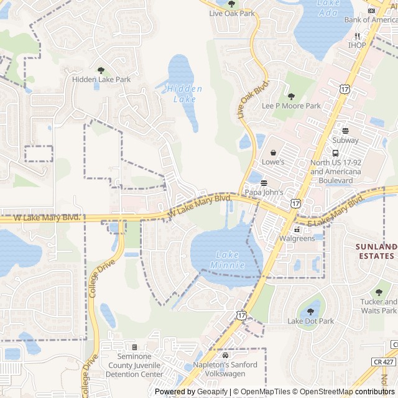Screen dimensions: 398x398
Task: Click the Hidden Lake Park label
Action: click(x=101, y=80)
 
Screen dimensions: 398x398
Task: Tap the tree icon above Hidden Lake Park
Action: click(x=101, y=70)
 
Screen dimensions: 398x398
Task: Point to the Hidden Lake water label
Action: click(x=184, y=94)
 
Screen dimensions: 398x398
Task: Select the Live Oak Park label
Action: click(x=232, y=12)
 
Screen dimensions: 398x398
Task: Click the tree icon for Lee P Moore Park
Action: click(x=291, y=96)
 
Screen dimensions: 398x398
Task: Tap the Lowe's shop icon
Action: click(x=273, y=152)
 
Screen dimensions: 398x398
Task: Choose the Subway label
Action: click(x=346, y=141)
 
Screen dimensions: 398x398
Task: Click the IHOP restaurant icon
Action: click(x=357, y=35)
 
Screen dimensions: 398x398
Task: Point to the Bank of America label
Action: click(x=371, y=20)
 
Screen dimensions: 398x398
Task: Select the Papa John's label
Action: click(x=264, y=192)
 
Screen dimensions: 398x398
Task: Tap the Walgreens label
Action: click(x=297, y=238)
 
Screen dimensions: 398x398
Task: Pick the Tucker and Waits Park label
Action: click(x=379, y=306)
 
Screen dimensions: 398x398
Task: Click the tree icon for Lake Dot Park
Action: click(x=310, y=312)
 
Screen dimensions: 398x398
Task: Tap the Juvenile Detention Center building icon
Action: click(x=134, y=347)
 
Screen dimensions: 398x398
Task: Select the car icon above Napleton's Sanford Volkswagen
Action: click(x=225, y=355)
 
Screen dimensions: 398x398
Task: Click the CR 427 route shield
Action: click(x=385, y=361)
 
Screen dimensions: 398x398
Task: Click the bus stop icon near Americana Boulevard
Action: click(x=335, y=153)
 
